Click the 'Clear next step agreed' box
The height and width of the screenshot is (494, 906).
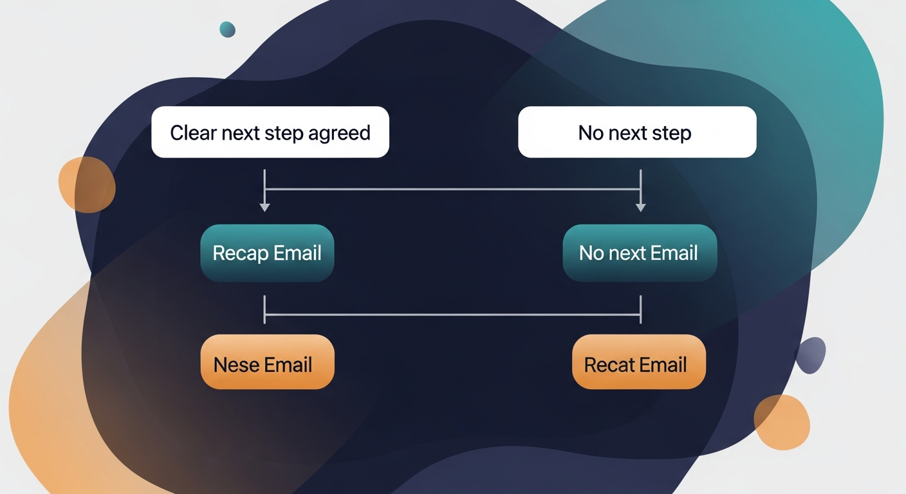270,132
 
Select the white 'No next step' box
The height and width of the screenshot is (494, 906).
637,132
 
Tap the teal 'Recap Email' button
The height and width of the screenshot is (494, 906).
267,253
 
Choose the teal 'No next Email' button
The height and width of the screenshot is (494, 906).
639,253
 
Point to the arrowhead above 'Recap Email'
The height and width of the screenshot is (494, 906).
264,206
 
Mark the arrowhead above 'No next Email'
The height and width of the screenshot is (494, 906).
640,206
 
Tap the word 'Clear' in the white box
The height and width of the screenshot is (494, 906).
193,133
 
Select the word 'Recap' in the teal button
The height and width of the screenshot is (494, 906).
240,253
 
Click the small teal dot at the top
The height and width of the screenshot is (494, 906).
227,29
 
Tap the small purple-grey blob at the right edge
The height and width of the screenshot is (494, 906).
811,354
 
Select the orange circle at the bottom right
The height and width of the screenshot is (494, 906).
781,422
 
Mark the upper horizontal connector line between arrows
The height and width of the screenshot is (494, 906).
452,190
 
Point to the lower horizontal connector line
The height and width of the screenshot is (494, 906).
452,315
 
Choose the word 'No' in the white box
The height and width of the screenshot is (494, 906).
591,133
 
